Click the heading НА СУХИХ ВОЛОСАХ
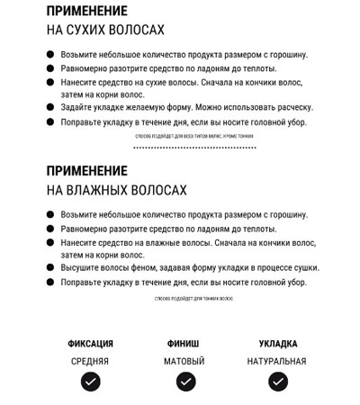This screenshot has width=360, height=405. tap(105, 30)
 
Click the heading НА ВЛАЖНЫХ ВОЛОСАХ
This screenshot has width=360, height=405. tap(116, 191)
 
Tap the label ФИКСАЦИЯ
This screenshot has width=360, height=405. tap(91, 344)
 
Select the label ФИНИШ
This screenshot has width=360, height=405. tap(184, 344)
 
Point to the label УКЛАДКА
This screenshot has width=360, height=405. tap(278, 344)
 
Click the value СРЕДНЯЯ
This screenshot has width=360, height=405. tap(90, 361)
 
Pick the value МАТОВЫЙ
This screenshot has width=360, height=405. tap(184, 361)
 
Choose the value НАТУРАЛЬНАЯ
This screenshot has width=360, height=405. tap(277, 361)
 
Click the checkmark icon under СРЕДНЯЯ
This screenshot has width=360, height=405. tap(90, 382)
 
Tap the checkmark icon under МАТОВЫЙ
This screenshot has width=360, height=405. tap(184, 382)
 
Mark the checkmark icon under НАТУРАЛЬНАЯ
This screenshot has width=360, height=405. tap(278, 382)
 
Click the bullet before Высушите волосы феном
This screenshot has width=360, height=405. tap(51, 268)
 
